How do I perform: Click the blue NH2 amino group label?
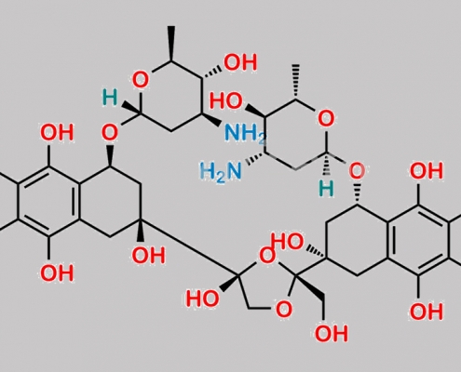(x=245, y=133)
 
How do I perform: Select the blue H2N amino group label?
(x=221, y=172)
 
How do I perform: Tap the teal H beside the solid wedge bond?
(x=110, y=98)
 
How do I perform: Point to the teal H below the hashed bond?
(x=326, y=188)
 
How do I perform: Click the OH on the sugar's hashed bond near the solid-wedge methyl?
(x=240, y=62)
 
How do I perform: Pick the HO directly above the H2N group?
(x=226, y=101)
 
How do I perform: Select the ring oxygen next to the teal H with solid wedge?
(x=141, y=80)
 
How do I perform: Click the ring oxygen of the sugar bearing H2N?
(x=326, y=119)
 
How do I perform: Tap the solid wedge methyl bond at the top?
(x=171, y=44)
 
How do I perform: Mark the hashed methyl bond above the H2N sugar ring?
(x=295, y=82)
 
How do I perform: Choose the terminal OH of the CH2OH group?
(x=332, y=333)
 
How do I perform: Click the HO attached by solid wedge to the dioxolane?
(x=203, y=299)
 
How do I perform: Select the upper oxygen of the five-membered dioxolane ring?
(x=266, y=255)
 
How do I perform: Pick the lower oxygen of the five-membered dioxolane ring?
(x=284, y=310)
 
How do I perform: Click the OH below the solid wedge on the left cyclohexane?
(x=149, y=256)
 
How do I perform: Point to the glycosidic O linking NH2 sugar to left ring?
(x=110, y=133)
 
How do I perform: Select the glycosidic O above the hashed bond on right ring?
(x=357, y=171)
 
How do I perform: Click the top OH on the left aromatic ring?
(x=57, y=132)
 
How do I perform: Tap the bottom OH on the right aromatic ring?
(x=427, y=312)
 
